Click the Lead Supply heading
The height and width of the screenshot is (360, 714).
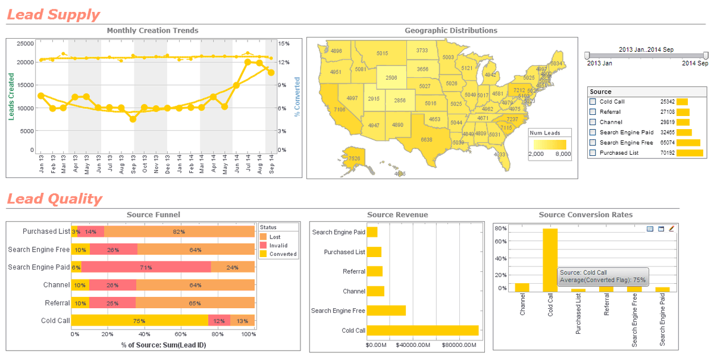coord(54,15)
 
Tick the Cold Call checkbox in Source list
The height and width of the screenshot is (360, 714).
coord(593,102)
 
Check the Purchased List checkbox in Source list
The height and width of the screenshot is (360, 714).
coord(593,153)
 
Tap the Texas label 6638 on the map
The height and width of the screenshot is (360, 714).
coord(427,139)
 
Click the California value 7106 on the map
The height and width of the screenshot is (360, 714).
coord(339,110)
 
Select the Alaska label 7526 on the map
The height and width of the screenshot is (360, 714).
coord(354,158)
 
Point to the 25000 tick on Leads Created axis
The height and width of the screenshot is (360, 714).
coord(24,43)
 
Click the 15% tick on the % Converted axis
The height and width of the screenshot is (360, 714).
coord(284,43)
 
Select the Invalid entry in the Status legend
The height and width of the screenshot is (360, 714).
coord(278,245)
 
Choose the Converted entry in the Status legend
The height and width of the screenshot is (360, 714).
coord(283,254)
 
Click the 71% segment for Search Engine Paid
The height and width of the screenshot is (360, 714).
coord(146,267)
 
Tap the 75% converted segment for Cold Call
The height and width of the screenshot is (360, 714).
coord(139,321)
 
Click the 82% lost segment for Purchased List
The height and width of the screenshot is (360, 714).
coord(179,231)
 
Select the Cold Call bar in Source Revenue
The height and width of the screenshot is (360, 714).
coord(422,330)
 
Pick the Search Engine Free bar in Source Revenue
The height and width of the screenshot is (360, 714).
coord(386,311)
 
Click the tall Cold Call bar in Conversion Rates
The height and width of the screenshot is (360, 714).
coord(550,260)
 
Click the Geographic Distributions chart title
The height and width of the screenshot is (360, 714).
coord(450,30)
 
